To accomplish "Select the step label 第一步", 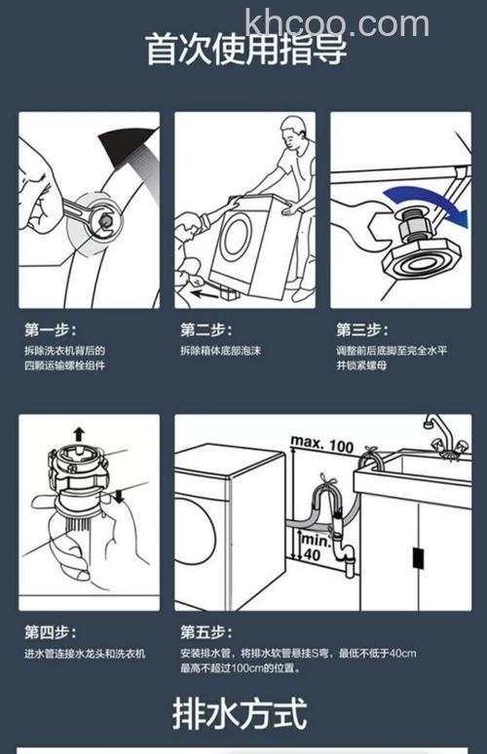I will click(50, 329).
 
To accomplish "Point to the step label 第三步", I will click(361, 329).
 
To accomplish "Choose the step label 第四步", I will click(50, 632).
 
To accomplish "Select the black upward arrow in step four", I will click(79, 434).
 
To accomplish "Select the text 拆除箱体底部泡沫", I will click(220, 351).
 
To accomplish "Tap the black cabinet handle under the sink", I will click(418, 557).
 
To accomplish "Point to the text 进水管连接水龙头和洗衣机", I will click(85, 653).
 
